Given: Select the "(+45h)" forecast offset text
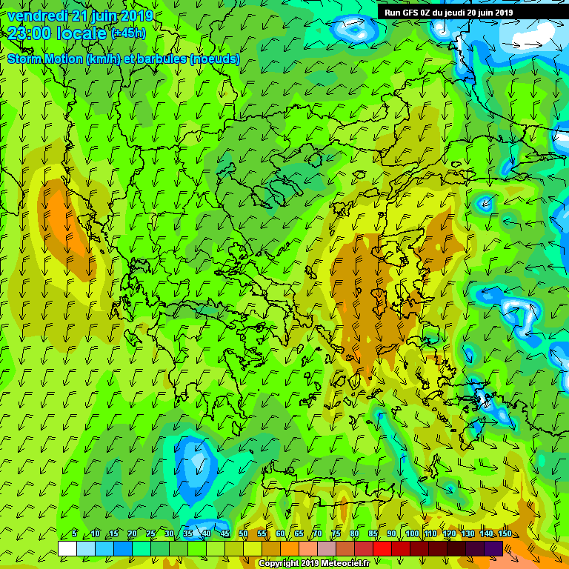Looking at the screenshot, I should tap(128, 33).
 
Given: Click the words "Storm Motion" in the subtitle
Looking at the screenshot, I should tap(44, 59).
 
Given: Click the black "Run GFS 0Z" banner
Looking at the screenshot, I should tap(449, 12).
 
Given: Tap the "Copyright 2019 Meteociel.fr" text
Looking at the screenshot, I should tap(313, 564).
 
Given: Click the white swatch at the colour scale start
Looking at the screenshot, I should tap(67, 548).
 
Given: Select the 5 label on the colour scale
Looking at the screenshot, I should tap(76, 534).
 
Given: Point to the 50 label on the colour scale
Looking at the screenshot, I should tap(244, 534).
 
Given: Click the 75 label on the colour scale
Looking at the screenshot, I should tap(336, 534).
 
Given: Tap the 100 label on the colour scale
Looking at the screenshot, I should tap(412, 534).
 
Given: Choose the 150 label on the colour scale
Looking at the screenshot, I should tap(505, 534).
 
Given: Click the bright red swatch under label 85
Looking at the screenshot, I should tap(382, 548).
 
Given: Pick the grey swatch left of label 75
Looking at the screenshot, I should tap(327, 548).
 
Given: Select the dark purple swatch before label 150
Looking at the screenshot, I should tap(494, 548).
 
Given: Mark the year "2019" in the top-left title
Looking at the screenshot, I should tap(135, 16).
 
